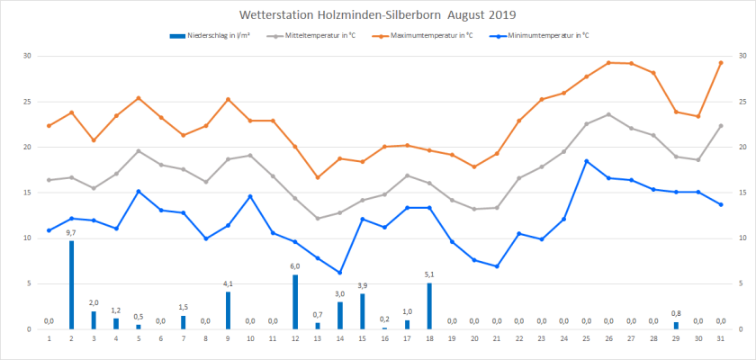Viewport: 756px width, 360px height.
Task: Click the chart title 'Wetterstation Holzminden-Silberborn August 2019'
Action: (x=378, y=15)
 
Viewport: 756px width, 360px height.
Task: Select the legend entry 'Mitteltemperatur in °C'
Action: (x=321, y=36)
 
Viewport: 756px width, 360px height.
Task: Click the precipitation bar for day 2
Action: (x=71, y=284)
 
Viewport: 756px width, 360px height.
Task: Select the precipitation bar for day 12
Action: (x=295, y=301)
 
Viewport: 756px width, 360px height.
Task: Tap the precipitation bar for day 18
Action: (x=429, y=306)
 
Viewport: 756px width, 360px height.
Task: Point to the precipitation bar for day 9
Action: (x=228, y=310)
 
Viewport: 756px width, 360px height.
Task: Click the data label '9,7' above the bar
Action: (x=71, y=232)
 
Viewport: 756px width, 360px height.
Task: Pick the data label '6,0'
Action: (x=295, y=266)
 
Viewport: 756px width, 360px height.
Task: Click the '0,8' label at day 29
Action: (x=676, y=313)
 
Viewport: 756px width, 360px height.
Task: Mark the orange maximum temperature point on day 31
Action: (x=721, y=62)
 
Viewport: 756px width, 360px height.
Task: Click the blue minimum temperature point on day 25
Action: (x=587, y=161)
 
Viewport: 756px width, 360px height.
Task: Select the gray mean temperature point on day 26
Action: (x=608, y=114)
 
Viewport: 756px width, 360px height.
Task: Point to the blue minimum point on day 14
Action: (x=340, y=273)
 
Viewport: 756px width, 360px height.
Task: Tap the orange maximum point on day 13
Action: (x=318, y=177)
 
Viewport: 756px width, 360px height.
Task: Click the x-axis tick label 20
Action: (x=474, y=338)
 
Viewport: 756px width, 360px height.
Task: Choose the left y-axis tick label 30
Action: (x=27, y=56)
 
